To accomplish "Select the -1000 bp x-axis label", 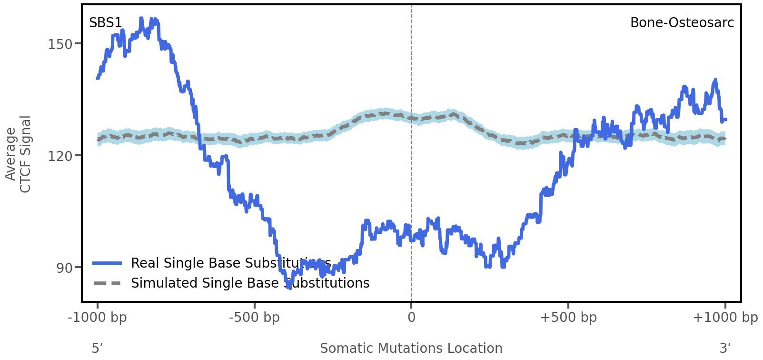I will tap(98, 318).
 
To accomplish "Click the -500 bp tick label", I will tap(254, 318).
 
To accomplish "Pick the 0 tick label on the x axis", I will tap(411, 318).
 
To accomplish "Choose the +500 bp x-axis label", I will tap(568, 318).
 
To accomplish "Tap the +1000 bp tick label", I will tap(725, 318).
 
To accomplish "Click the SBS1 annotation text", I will tap(105, 23).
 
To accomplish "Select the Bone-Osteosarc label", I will tap(682, 23).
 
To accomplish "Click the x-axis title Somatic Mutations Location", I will tap(411, 349).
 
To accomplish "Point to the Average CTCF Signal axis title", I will tap(18, 154).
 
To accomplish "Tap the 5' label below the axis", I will tap(97, 349).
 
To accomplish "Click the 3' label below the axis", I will tap(725, 349).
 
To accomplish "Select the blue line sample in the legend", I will tap(108, 263).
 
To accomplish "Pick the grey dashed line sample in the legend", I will tap(108, 283).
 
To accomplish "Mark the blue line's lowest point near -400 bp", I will tap(289, 287).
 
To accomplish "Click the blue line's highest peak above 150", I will tap(141, 19).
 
